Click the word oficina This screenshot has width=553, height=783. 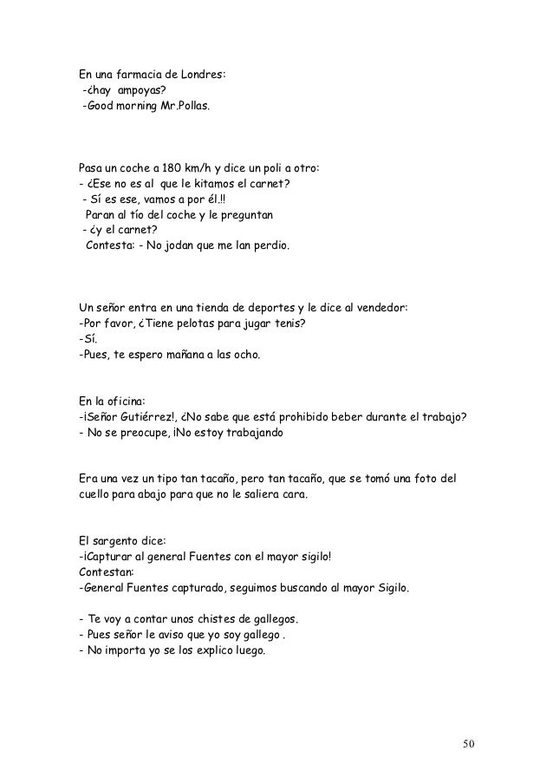[x=127, y=401]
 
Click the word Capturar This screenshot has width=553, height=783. [x=109, y=557]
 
